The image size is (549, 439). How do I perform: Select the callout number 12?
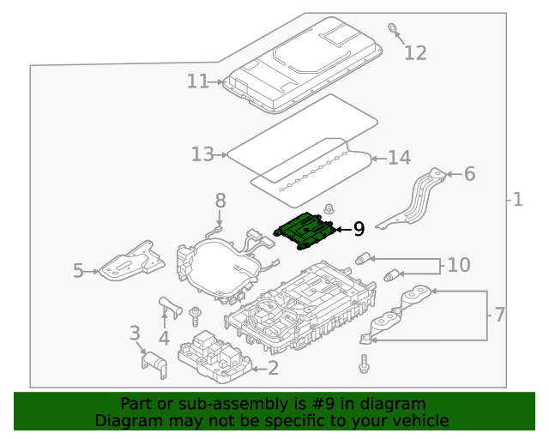[415, 53]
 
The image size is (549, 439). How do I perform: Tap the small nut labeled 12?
[393, 29]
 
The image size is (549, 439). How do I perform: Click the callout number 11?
[197, 81]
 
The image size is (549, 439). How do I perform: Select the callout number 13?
[202, 154]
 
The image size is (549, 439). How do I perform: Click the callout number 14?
[400, 158]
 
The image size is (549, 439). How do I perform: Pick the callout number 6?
[469, 174]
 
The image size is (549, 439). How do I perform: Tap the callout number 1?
[517, 200]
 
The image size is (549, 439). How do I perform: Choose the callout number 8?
[220, 201]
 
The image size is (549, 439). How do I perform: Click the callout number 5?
[78, 271]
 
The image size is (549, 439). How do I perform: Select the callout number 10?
[459, 265]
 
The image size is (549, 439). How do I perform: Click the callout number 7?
[499, 315]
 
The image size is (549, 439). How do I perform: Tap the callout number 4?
[164, 338]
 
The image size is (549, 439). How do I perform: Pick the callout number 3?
[135, 333]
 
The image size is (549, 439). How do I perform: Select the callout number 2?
[273, 369]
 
